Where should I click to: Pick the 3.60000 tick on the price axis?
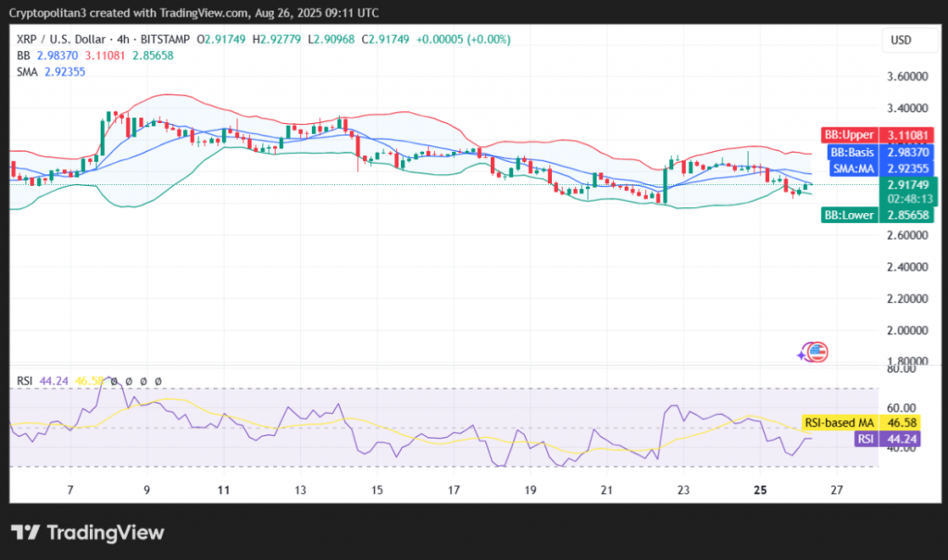(x=908, y=76)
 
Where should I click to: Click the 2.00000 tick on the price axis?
(x=908, y=330)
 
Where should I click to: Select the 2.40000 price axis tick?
(x=908, y=267)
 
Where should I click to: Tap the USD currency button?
(x=902, y=40)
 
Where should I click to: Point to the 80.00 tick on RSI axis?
(x=902, y=368)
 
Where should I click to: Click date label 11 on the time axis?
(x=224, y=490)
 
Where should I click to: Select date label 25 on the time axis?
(x=758, y=490)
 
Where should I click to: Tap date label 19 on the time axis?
(x=530, y=490)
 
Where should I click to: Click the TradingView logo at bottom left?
(x=87, y=532)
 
